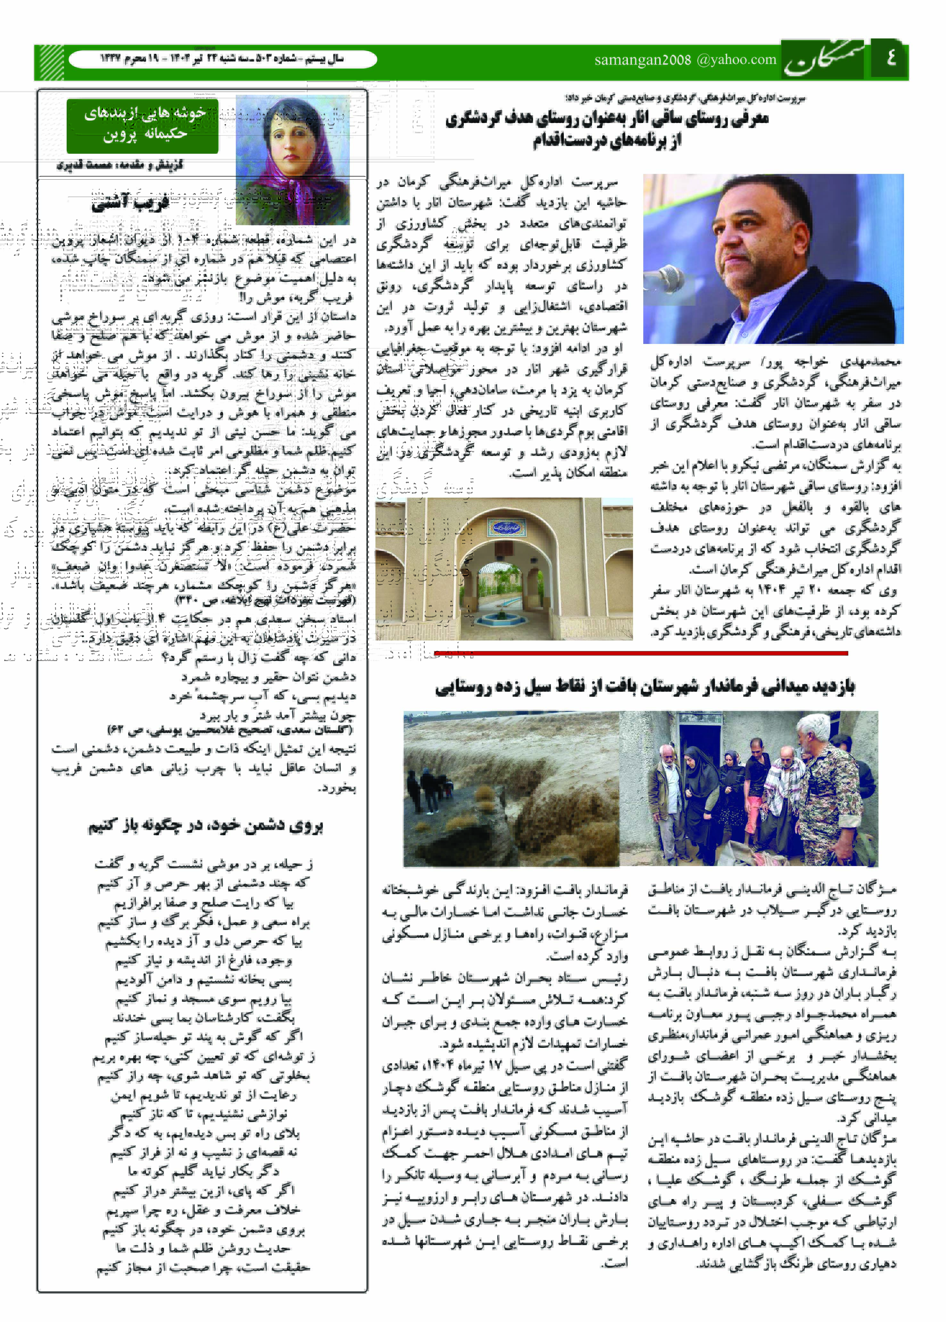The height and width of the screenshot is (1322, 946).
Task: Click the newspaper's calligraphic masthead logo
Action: [824, 60]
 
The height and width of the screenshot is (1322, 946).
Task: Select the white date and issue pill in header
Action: [223, 59]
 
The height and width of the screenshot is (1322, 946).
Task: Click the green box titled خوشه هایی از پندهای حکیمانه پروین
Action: [143, 126]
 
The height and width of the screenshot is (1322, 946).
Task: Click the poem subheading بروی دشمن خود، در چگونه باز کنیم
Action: [205, 826]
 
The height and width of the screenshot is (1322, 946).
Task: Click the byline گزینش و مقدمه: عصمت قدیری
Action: [120, 165]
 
